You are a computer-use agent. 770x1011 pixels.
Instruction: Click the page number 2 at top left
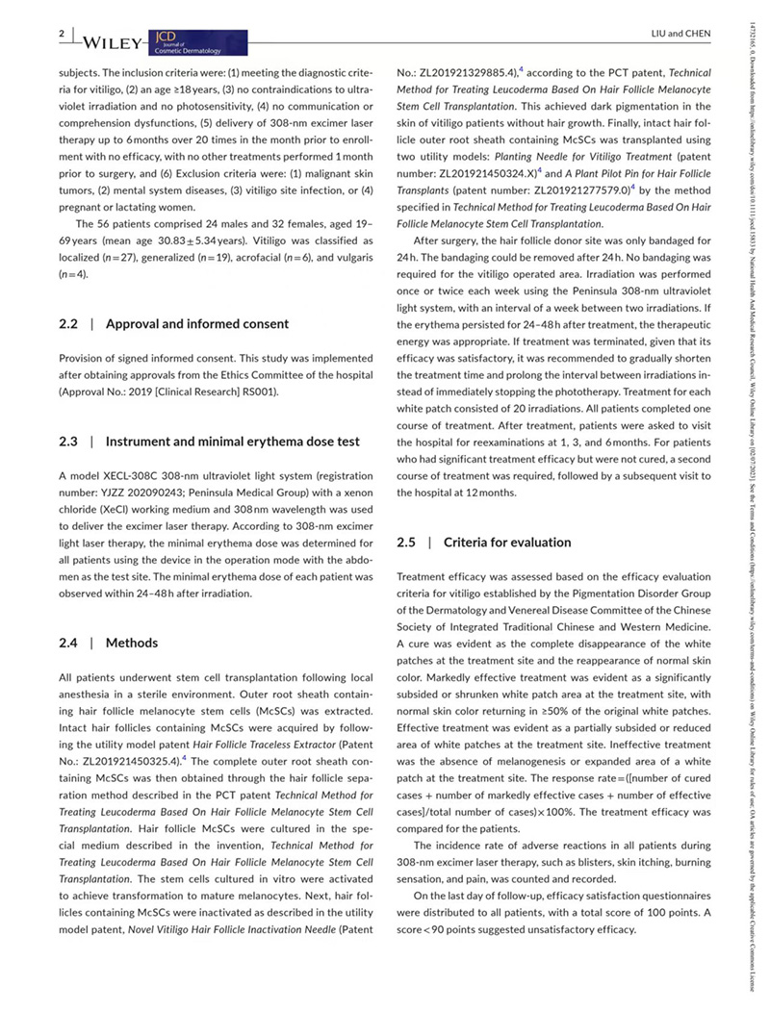click(x=62, y=34)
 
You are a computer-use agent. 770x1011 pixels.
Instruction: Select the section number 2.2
click(x=69, y=324)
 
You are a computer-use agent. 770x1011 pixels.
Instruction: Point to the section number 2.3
click(x=69, y=442)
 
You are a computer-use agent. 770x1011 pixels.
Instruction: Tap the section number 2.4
click(x=69, y=643)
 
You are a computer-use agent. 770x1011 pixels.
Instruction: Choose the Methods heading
click(x=132, y=643)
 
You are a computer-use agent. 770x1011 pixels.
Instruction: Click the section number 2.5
click(x=407, y=543)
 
